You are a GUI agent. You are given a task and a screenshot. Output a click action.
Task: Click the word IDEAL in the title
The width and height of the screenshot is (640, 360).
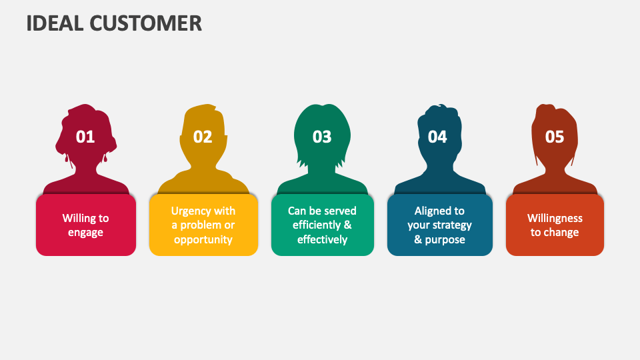coord(55,23)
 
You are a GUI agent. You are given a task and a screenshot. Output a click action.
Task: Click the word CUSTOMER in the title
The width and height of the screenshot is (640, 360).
coord(146,23)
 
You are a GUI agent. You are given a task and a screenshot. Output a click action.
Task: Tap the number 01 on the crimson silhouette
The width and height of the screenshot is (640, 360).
coord(85,137)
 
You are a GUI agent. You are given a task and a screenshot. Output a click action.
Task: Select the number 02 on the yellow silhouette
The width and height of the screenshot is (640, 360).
coord(203,137)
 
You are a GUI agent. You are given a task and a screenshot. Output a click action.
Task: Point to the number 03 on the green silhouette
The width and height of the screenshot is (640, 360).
coord(322,137)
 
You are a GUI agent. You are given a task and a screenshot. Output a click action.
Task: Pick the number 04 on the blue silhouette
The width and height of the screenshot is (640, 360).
coord(437,137)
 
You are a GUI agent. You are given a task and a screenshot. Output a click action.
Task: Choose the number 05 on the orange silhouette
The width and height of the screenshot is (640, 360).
coord(555,137)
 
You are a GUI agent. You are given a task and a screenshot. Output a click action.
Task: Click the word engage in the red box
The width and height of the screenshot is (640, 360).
coord(86,233)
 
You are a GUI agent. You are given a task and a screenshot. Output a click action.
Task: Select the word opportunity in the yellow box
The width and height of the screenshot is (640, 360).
coord(203,239)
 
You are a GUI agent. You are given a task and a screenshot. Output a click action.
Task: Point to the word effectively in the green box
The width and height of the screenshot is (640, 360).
coord(323,239)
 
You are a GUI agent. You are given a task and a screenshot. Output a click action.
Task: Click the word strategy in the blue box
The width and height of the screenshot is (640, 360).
coord(452,225)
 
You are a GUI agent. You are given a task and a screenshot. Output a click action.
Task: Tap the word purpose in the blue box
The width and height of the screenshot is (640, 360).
coord(445,239)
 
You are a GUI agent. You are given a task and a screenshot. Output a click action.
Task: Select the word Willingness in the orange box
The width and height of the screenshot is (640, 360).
coord(555,219)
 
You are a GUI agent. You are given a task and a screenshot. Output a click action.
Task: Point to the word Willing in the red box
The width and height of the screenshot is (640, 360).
coord(76,219)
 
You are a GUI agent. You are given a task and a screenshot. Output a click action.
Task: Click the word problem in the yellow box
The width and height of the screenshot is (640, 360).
coord(201,225)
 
